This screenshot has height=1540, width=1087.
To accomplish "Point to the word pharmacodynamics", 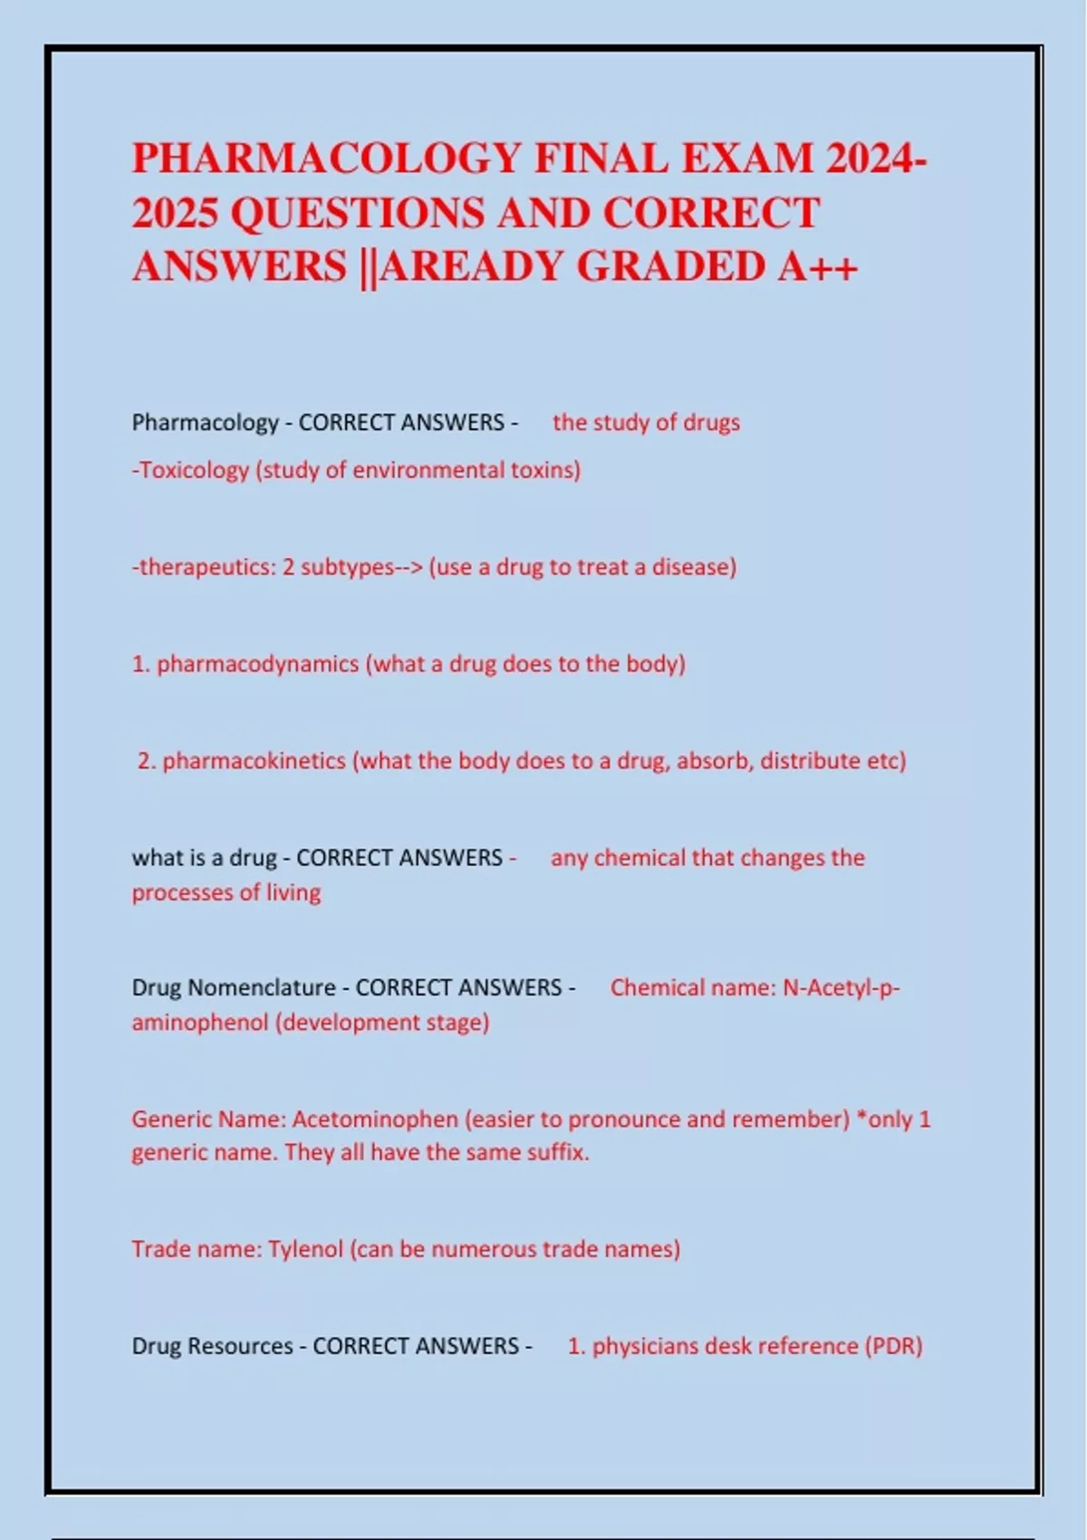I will point(258,664).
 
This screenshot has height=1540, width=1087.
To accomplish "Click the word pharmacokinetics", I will point(255,761).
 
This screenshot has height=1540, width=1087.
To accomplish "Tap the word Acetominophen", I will point(376,1120).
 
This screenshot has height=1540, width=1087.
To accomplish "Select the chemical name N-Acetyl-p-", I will point(842,987).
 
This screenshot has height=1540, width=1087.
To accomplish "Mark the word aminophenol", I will point(199,1023).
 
